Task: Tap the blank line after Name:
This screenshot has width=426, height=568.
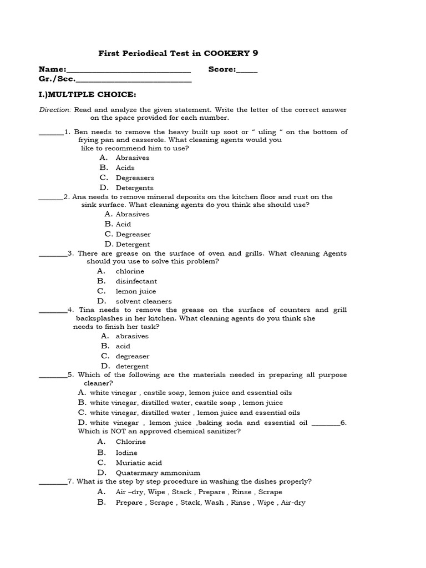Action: tap(128, 70)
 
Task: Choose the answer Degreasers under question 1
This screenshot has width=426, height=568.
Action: tap(135, 178)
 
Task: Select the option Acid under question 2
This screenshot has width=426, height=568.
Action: tap(123, 224)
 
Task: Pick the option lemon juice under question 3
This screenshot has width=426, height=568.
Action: tap(135, 291)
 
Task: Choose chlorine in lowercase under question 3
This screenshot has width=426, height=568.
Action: tap(130, 271)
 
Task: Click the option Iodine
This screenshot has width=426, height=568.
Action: tap(126, 453)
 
